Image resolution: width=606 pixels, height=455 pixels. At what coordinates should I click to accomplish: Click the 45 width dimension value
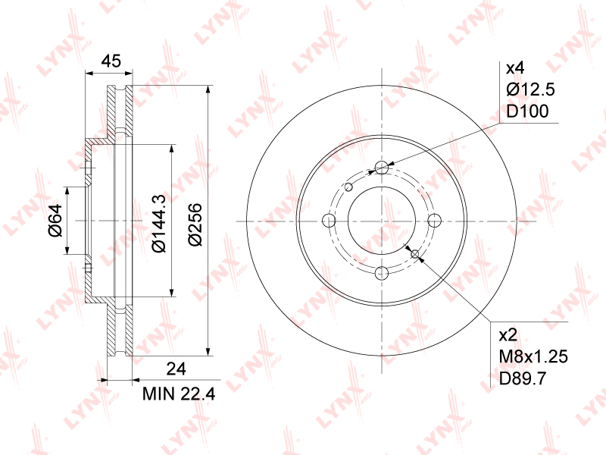coord(111,61)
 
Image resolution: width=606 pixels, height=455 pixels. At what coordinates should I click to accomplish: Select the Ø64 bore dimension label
coord(55,220)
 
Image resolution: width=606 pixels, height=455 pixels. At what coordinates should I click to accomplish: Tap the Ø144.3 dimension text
coord(159,224)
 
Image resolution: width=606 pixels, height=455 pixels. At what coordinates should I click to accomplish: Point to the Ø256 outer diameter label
coord(195,224)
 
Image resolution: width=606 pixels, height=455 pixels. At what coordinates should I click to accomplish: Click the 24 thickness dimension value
coord(176,369)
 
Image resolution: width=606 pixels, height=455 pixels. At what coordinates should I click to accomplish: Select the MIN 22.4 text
coord(179,394)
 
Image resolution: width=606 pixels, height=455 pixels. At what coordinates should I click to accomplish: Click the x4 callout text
coord(515,68)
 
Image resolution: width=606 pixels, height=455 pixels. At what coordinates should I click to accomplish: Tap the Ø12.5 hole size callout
coord(530,89)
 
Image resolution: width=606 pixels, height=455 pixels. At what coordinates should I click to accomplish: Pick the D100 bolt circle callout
coord(527,111)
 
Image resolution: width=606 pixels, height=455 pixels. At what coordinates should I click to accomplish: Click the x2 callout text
coord(508,335)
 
